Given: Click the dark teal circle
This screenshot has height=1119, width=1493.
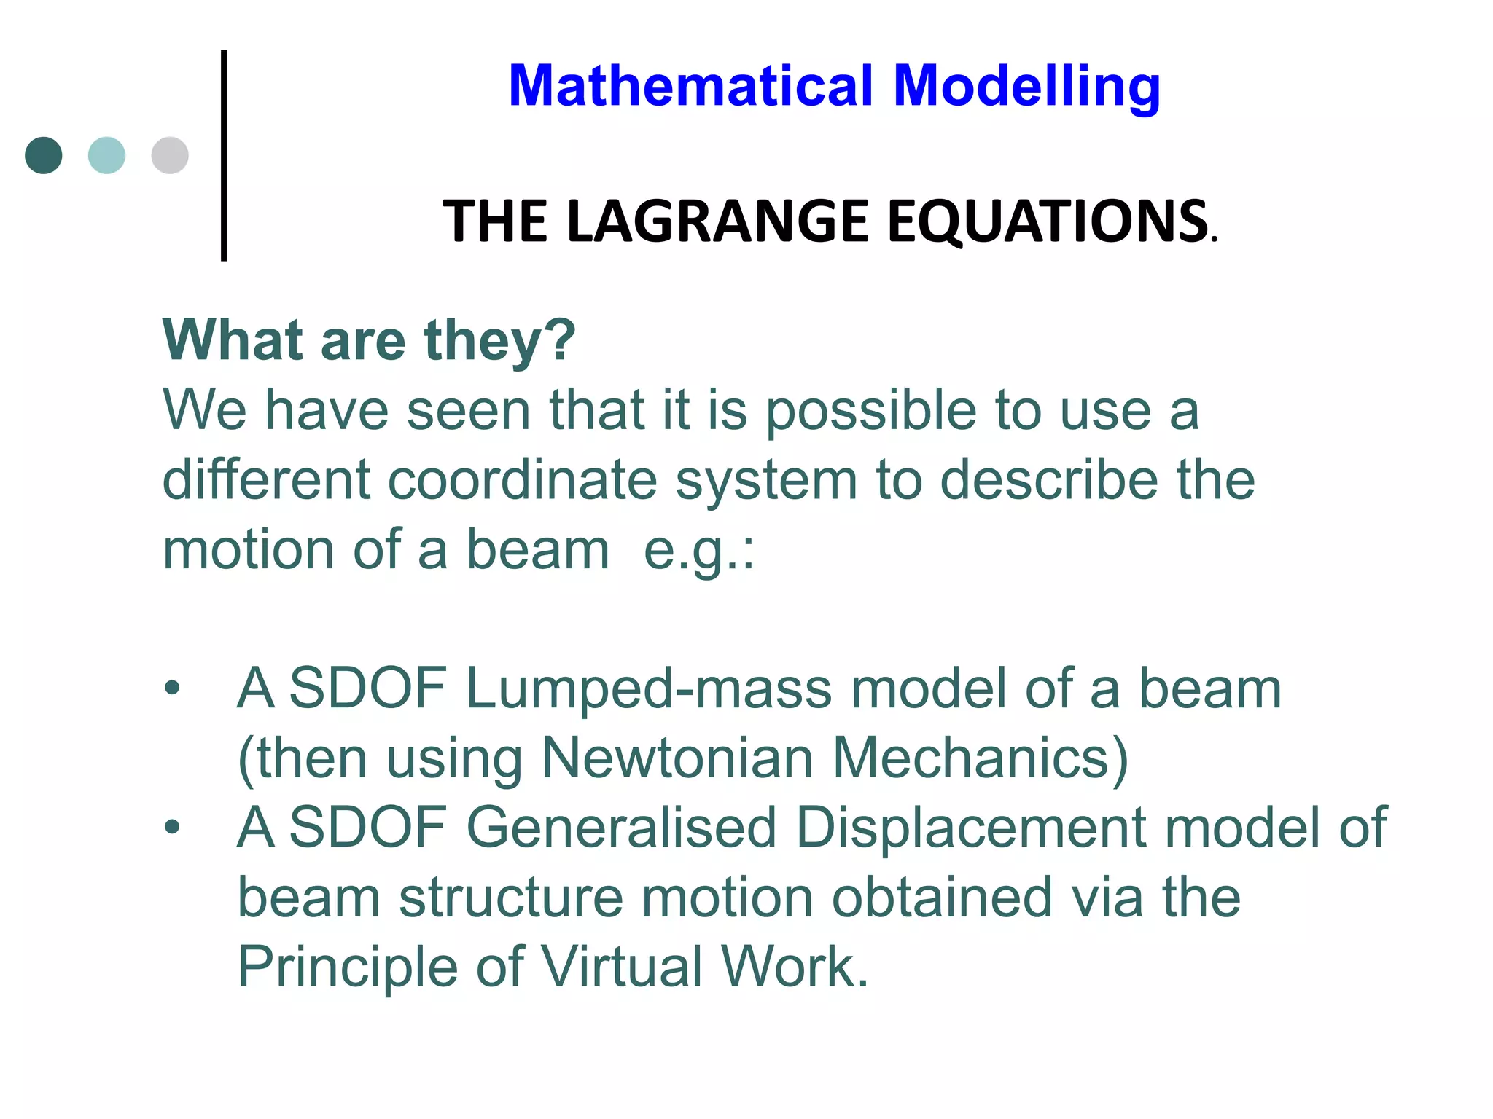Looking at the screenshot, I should [x=44, y=155].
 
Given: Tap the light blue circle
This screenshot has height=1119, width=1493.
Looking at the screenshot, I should [x=106, y=155].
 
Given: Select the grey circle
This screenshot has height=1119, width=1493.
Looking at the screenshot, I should [x=170, y=155].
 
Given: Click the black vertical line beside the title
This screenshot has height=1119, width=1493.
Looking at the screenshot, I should [x=224, y=155].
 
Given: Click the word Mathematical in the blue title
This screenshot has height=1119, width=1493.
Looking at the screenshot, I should [x=690, y=86].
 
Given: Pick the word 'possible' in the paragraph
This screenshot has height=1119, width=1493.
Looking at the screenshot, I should [x=870, y=411].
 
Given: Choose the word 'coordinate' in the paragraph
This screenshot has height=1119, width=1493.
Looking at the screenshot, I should [x=522, y=480].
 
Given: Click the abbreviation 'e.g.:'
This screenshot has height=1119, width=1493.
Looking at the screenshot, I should [x=699, y=551].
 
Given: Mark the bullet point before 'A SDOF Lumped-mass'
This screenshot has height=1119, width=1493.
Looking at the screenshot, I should [x=172, y=688].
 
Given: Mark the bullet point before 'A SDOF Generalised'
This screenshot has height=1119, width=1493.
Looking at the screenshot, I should [x=172, y=828].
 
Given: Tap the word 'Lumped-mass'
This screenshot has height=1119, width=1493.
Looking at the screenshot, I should [x=649, y=688].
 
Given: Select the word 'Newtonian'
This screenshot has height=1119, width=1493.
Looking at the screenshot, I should [x=677, y=758].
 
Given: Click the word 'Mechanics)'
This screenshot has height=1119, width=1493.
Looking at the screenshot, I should [x=981, y=758].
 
